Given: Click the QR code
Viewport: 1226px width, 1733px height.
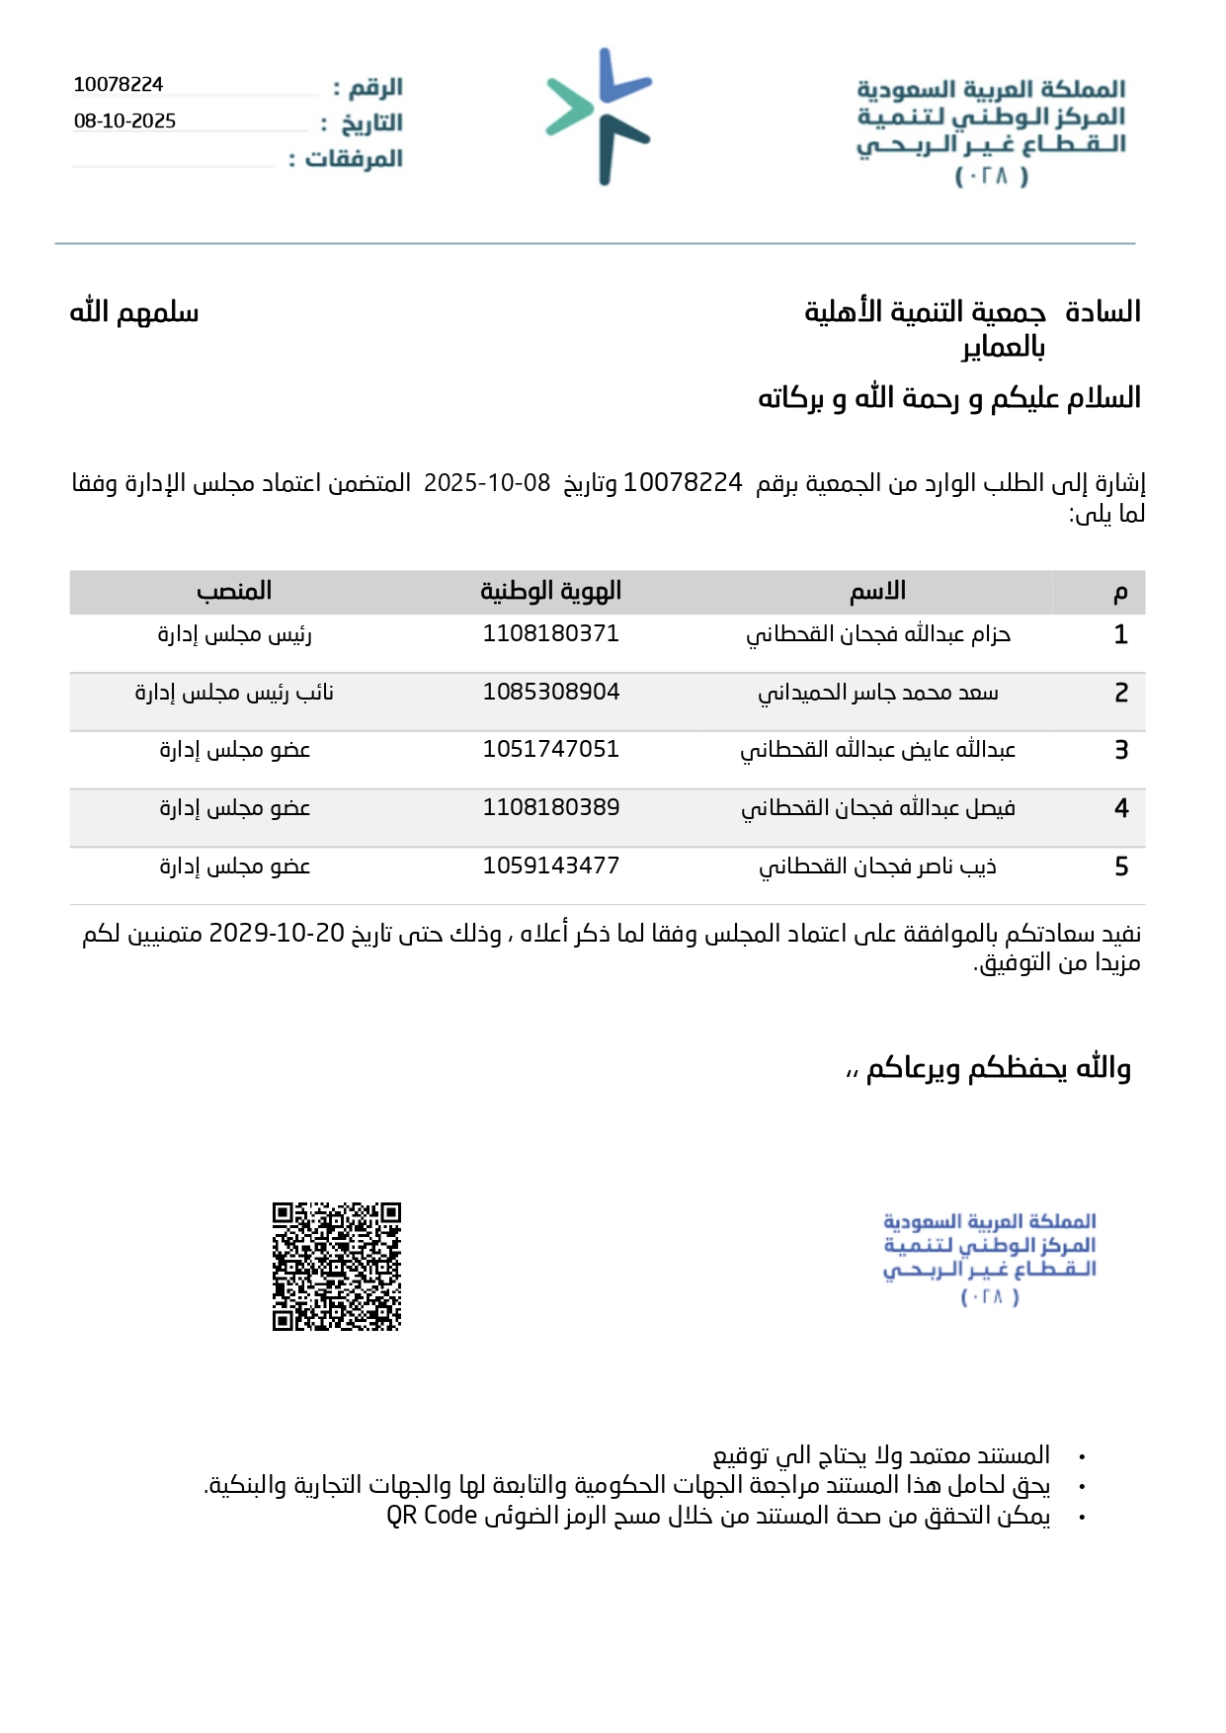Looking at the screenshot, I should [337, 1266].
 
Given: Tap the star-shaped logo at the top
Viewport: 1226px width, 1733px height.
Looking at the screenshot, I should [599, 117].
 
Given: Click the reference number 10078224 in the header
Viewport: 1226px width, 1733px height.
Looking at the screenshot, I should [119, 85].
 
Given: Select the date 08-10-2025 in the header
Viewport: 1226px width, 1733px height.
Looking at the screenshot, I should [125, 122].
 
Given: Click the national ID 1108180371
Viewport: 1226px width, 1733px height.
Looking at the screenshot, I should [550, 633].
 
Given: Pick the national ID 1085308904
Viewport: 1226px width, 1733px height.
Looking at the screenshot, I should [550, 692].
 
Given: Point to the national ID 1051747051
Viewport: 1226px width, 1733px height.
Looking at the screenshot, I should [550, 749].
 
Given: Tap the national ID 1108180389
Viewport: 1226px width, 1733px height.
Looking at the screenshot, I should [550, 807].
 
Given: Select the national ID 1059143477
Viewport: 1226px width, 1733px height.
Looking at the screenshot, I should [550, 866].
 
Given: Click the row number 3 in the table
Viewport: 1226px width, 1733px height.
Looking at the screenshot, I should [1121, 750].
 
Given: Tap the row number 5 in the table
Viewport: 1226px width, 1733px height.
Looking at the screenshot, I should [1121, 866].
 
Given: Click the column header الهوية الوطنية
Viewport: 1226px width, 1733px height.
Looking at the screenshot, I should [550, 591].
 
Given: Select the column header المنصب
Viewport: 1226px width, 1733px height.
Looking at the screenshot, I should [234, 591].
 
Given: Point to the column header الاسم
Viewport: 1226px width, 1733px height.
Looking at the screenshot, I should [878, 591].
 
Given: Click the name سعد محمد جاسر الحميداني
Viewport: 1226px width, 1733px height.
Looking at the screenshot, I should [878, 693].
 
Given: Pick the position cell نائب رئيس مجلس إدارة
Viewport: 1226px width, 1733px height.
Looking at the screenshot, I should [234, 693].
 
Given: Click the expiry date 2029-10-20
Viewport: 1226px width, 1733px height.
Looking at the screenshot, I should [277, 934].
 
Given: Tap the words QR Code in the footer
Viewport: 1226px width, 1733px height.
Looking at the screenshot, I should [432, 1515].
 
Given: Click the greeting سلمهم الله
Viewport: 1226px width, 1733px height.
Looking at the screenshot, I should [134, 312].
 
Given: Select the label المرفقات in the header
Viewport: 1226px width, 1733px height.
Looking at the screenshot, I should [355, 158].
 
